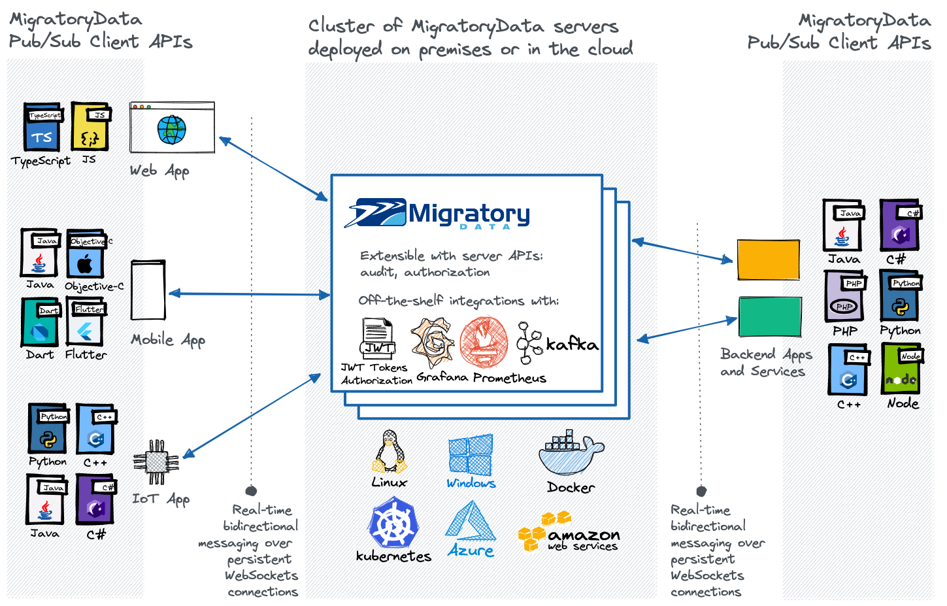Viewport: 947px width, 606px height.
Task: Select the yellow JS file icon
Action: [x=90, y=127]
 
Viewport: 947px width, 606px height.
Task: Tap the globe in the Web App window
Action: [x=172, y=129]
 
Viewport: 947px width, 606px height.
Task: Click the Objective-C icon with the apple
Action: [x=86, y=254]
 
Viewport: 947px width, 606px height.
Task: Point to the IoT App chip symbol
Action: [x=156, y=462]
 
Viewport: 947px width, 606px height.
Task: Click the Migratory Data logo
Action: [x=437, y=214]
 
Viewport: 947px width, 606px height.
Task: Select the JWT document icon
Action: [x=378, y=338]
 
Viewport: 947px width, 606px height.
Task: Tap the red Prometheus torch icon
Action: [x=484, y=343]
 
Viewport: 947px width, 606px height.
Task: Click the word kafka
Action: [x=572, y=345]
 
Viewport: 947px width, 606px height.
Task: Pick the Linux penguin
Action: [x=390, y=452]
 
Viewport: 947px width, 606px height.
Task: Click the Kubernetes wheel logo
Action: [x=393, y=523]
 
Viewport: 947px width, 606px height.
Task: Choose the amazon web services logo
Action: [x=569, y=532]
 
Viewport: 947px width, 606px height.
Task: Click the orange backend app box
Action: [x=769, y=260]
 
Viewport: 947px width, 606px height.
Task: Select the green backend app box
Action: [x=770, y=316]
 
